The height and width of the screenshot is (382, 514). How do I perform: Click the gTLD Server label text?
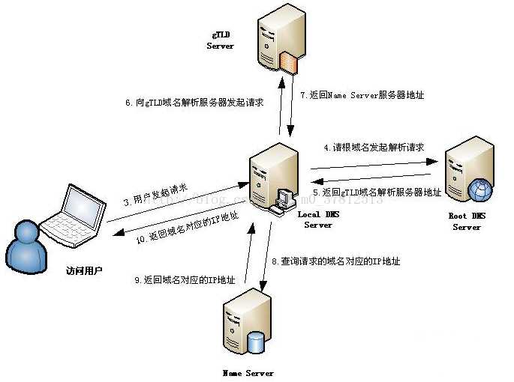point(221,40)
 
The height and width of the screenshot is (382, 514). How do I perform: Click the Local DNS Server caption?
point(318,219)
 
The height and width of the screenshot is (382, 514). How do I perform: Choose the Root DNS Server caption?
point(466,222)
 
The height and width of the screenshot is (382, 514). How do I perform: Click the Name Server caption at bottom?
point(248,372)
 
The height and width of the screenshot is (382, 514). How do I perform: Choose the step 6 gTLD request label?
point(194,103)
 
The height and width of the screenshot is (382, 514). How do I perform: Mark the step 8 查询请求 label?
point(335,261)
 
